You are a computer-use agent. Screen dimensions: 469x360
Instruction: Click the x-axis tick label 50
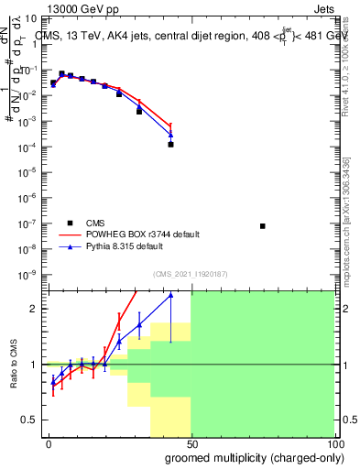coord(191,443)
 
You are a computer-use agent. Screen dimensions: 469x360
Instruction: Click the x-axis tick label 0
coord(49,443)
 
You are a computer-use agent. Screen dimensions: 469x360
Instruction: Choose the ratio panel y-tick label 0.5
coord(29,420)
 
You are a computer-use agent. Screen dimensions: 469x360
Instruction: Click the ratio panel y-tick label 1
coord(33,365)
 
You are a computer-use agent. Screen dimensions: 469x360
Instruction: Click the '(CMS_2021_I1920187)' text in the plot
coord(190,274)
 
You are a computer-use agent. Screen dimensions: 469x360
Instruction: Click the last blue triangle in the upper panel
coord(170,135)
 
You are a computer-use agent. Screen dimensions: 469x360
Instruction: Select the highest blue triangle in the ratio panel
coord(170,295)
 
